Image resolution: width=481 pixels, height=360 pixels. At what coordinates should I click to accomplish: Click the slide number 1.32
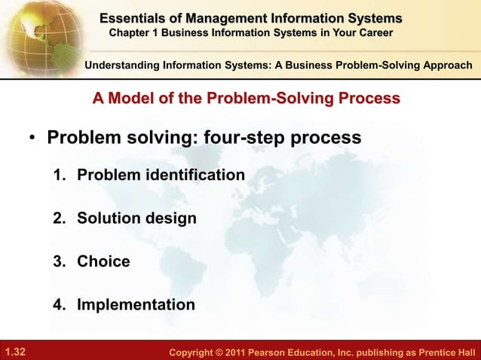click(x=15, y=351)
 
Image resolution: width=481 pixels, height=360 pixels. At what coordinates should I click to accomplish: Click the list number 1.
click(x=59, y=175)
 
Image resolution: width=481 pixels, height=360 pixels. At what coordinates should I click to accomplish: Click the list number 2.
click(x=59, y=219)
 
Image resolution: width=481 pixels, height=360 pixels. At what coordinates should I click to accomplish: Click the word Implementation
click(x=136, y=306)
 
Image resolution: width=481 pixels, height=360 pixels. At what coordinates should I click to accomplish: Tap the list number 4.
click(x=59, y=306)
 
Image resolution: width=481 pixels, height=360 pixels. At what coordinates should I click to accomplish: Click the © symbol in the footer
click(x=225, y=351)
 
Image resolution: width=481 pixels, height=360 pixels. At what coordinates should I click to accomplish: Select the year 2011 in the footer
click(x=244, y=351)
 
